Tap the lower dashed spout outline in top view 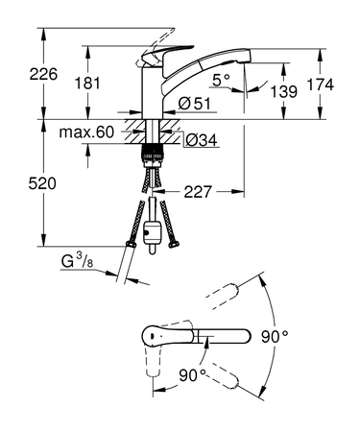227,377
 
